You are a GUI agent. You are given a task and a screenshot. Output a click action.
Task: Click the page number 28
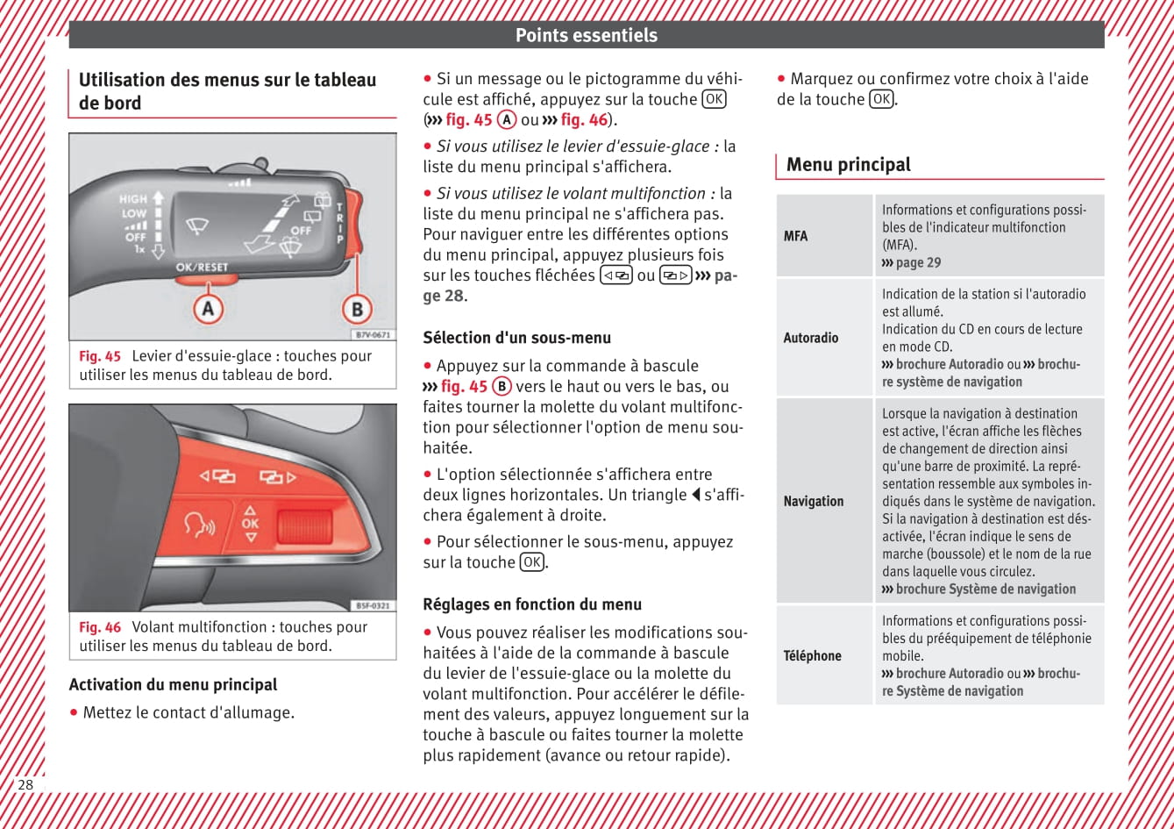pos(25,784)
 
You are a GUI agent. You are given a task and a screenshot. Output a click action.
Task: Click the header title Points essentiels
pos(586,35)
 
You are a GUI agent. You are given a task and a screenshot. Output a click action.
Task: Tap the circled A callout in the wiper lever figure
pos(208,308)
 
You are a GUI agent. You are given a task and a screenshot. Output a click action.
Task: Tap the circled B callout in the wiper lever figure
pos(357,309)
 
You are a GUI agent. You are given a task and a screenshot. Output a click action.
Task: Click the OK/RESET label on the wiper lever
pos(202,267)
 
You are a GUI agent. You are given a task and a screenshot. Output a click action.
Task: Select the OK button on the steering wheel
pos(251,524)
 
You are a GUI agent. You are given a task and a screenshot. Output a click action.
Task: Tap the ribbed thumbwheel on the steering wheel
pos(303,526)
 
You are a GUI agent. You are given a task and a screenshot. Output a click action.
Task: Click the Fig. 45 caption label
pos(100,356)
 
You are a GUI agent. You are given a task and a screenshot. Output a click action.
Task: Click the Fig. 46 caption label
pos(100,627)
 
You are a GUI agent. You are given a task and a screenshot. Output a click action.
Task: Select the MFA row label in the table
pos(796,236)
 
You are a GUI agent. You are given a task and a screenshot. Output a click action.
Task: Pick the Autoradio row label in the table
pos(811,338)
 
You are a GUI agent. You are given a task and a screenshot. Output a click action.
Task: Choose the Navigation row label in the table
pos(814,501)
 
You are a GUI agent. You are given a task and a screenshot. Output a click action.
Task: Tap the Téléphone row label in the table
pos(813,655)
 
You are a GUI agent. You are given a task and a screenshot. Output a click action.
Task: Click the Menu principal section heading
pos(849,165)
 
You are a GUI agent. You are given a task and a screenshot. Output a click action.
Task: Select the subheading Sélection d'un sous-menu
pos(517,338)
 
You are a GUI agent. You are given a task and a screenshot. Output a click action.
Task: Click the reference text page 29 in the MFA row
pos(918,262)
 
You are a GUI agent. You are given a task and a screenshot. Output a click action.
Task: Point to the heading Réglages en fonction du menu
pos(532,604)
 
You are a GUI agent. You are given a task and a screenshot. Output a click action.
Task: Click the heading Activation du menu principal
pos(173,685)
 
